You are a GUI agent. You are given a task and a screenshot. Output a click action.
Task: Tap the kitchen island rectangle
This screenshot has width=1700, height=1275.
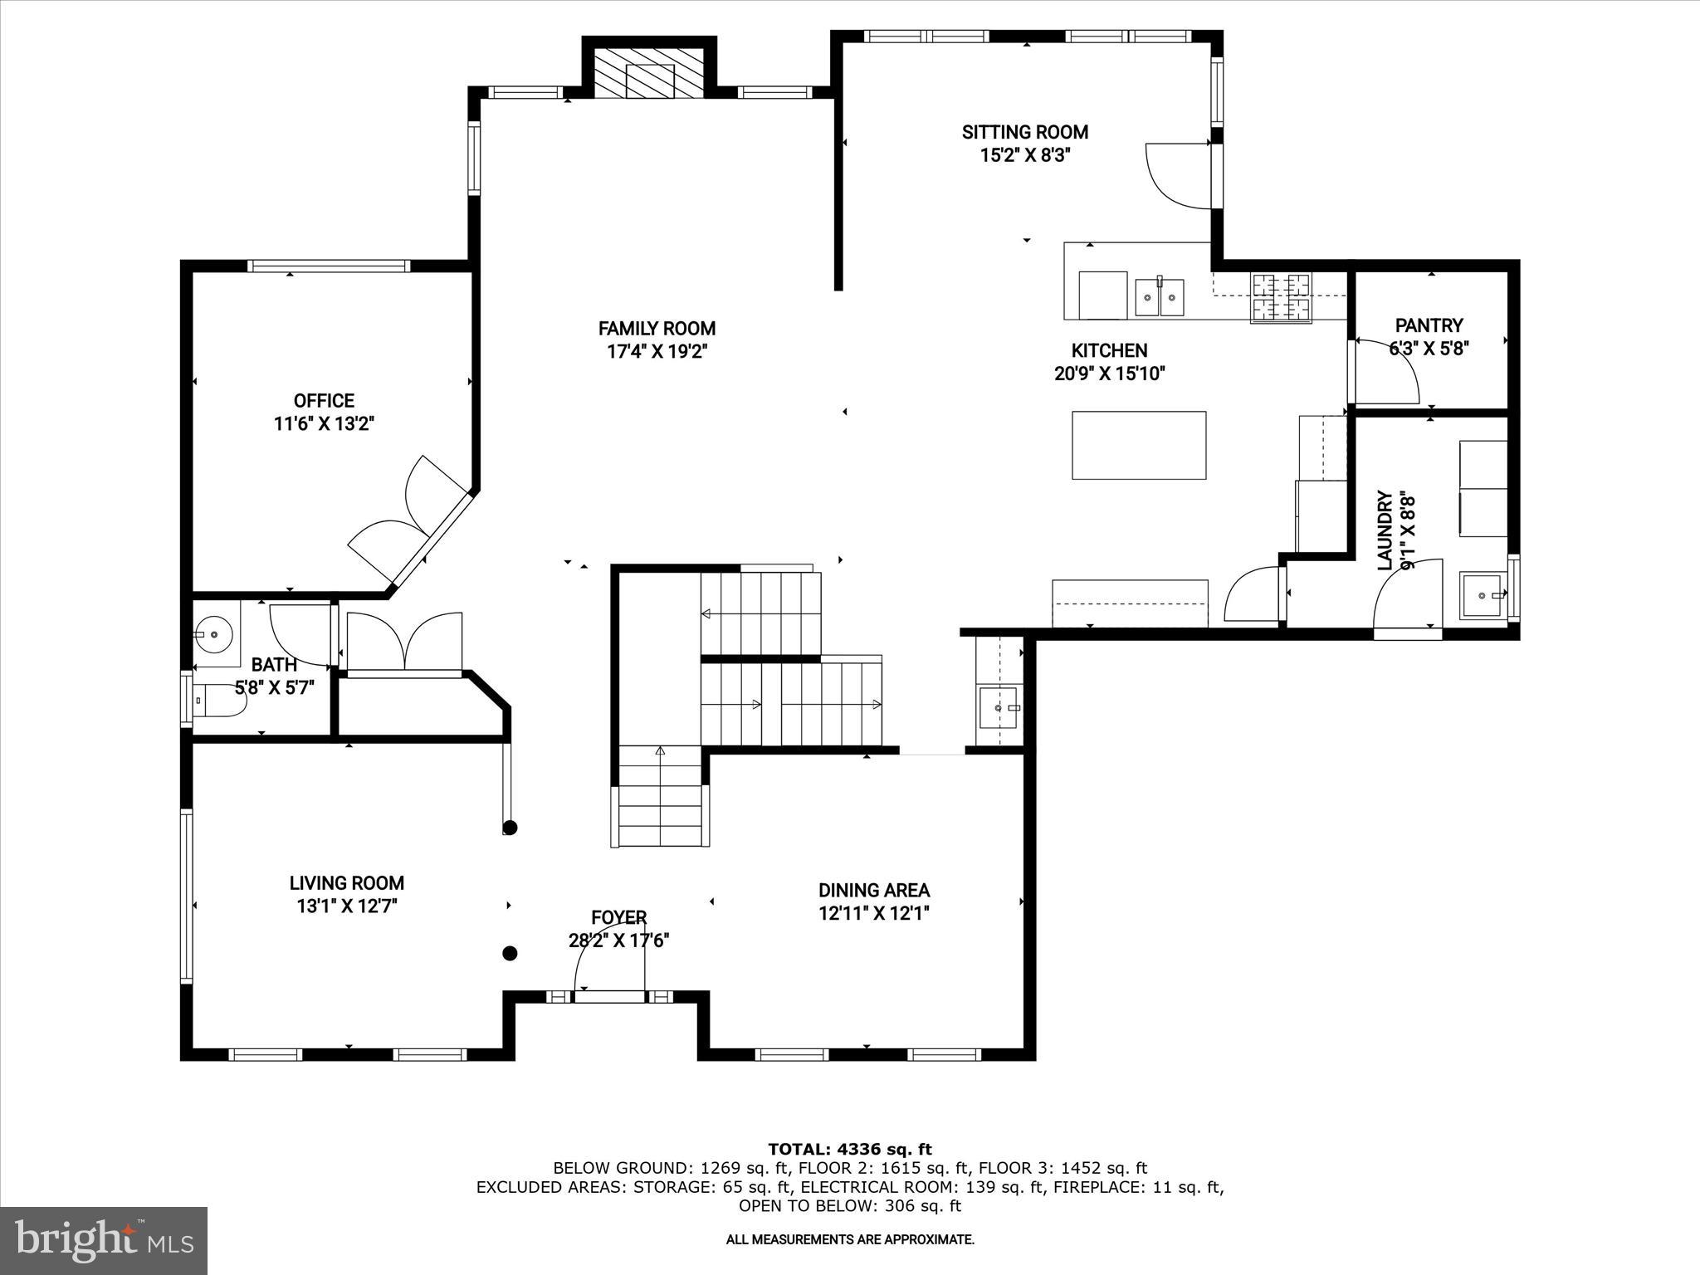click(1138, 445)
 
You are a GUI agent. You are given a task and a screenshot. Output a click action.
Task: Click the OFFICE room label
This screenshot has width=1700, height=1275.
click(324, 401)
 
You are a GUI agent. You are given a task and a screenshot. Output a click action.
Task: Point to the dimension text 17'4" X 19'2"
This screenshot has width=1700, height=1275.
click(657, 352)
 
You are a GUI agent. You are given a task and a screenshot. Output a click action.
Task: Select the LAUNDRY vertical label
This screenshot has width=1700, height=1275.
click(1385, 530)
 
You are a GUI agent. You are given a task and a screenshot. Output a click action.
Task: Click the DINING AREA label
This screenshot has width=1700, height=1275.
click(873, 890)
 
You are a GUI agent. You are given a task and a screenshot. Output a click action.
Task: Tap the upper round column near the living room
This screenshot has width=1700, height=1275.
click(510, 828)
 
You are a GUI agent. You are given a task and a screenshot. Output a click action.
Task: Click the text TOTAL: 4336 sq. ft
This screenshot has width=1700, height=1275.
click(849, 1150)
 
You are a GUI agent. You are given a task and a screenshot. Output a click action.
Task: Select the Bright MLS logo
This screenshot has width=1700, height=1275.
click(104, 1240)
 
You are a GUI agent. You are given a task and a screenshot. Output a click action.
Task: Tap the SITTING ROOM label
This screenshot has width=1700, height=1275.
click(1024, 132)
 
